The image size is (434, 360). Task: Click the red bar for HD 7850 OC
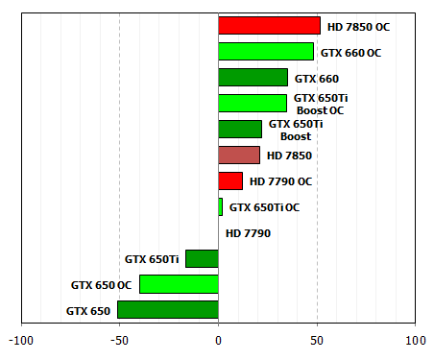pyautogui.click(x=269, y=26)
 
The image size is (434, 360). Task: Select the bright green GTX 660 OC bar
pyautogui.click(x=266, y=52)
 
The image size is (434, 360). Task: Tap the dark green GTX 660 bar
pyautogui.click(x=253, y=78)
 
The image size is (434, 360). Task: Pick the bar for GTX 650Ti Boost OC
pyautogui.click(x=253, y=104)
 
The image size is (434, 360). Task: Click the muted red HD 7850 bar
pyautogui.click(x=239, y=155)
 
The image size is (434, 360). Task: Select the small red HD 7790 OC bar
pyautogui.click(x=230, y=180)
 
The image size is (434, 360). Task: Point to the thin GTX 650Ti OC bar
pyautogui.click(x=220, y=206)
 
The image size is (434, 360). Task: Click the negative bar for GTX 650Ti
pyautogui.click(x=202, y=258)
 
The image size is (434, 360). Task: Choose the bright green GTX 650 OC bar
pyautogui.click(x=179, y=284)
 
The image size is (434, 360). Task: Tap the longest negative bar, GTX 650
pyautogui.click(x=168, y=310)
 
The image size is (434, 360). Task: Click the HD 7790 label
pyautogui.click(x=249, y=232)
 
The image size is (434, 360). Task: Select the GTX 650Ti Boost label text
pyautogui.click(x=296, y=130)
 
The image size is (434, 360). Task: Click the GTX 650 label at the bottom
pyautogui.click(x=88, y=310)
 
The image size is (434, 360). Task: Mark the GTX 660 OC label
pyautogui.click(x=350, y=52)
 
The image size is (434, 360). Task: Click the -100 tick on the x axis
pyautogui.click(x=20, y=340)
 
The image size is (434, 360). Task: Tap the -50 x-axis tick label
pyautogui.click(x=118, y=340)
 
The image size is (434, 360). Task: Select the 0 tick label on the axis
pyautogui.click(x=219, y=340)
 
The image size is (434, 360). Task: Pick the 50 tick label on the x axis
pyautogui.click(x=317, y=340)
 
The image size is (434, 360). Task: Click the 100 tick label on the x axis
pyautogui.click(x=415, y=340)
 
